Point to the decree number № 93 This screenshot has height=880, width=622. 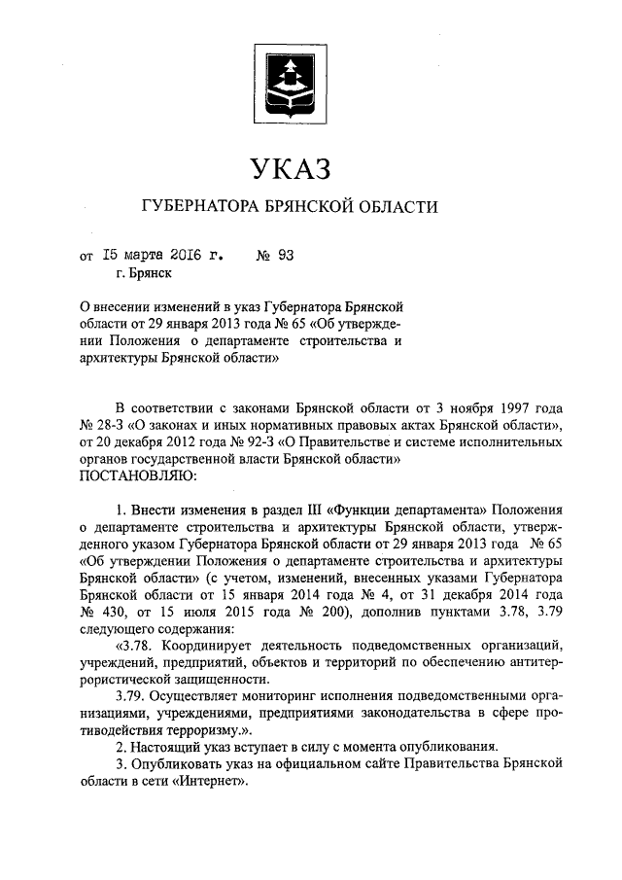coord(274,257)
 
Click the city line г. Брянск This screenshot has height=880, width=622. coord(143,275)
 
